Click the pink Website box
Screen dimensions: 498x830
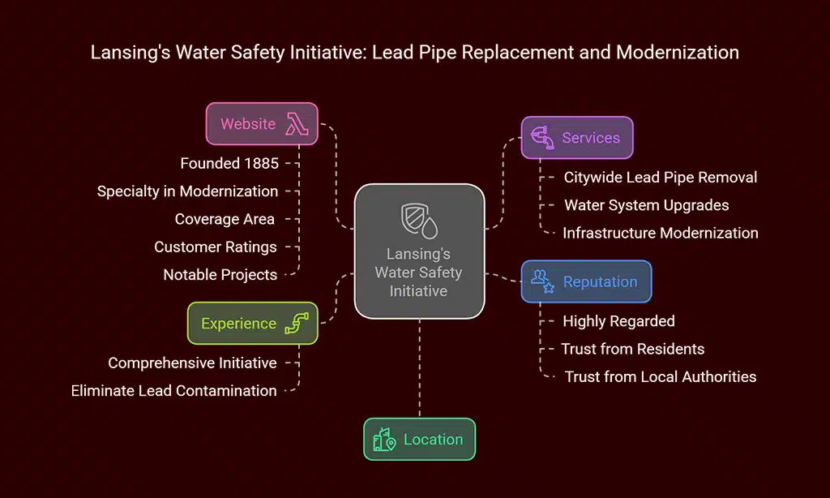261,123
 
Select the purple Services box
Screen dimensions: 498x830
576,138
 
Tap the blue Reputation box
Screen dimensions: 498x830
585,281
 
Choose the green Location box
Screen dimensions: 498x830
419,439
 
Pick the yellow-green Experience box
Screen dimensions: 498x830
252,323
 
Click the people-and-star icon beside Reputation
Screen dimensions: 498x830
542,281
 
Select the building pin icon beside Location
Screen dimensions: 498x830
383,440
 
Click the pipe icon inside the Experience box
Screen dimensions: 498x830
297,323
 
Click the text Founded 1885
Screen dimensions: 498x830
229,163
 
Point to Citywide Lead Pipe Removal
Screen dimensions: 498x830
661,177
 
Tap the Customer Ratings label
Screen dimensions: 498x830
216,247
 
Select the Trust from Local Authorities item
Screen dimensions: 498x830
661,376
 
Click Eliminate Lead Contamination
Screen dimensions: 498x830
173,390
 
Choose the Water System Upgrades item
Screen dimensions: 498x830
646,205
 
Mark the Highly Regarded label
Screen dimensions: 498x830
618,321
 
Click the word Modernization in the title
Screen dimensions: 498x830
677,53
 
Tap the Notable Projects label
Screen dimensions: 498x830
220,274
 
